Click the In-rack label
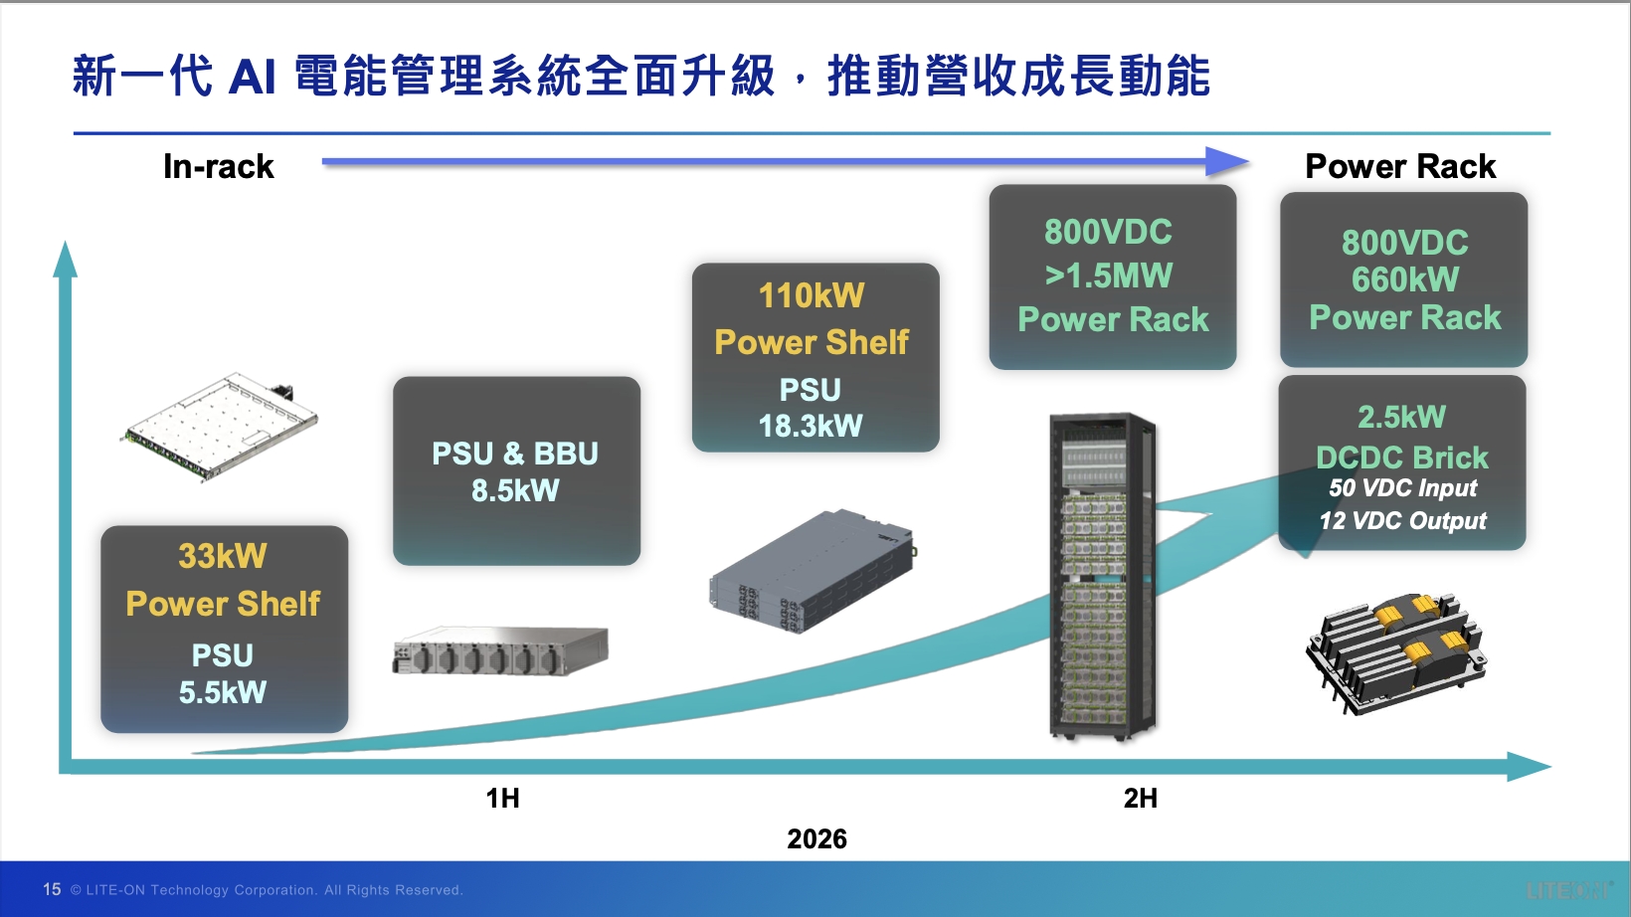(219, 167)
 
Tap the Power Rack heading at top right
(1400, 167)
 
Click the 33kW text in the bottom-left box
(223, 556)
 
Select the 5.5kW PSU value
(223, 692)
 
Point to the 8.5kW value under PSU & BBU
(515, 490)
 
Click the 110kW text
(812, 295)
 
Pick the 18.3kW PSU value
(811, 426)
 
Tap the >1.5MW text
(1109, 276)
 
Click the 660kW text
(1405, 279)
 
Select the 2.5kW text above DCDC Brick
(1401, 417)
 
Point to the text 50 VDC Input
(1403, 488)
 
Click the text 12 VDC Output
(1403, 521)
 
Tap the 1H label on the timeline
(502, 799)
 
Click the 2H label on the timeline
(1141, 799)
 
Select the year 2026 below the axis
(816, 839)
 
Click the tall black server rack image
(1102, 577)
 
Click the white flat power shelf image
(219, 428)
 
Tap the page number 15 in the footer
(52, 889)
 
